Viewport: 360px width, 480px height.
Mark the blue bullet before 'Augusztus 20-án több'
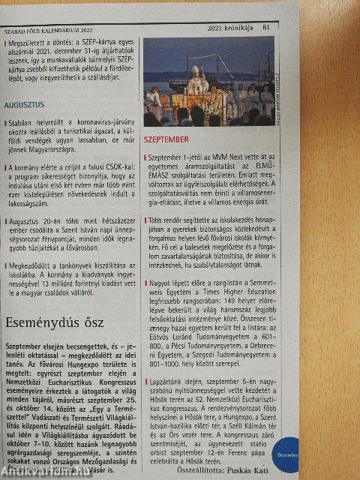pyautogui.click(x=5, y=222)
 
